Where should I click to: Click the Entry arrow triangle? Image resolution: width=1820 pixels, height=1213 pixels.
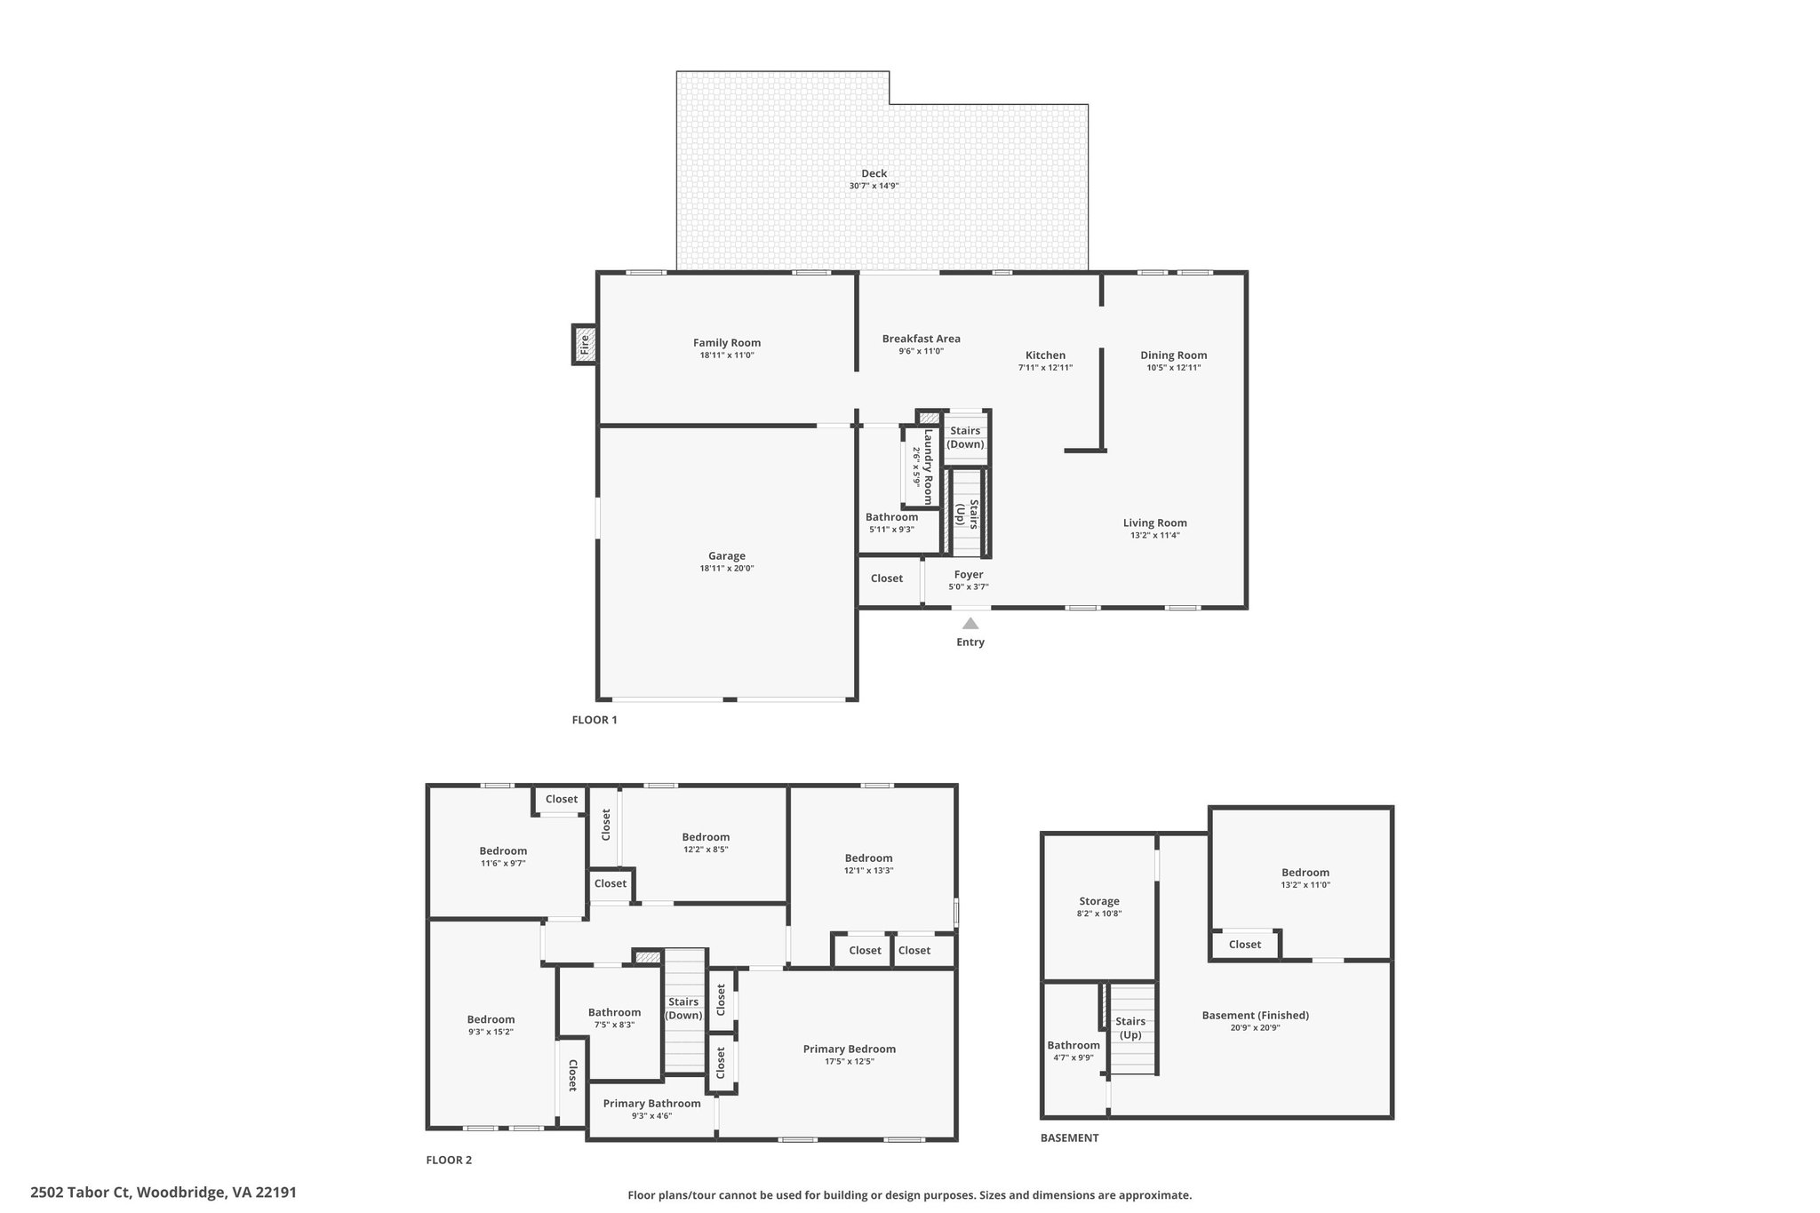(x=970, y=623)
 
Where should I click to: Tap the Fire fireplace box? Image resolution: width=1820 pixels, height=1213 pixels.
(x=584, y=344)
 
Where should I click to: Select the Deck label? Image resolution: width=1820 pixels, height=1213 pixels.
(x=874, y=173)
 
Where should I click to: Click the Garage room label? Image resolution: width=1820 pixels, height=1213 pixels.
(x=727, y=556)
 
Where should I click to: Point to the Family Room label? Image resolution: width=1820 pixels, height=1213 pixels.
(x=727, y=343)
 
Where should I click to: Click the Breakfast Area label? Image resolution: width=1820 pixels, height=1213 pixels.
(x=921, y=339)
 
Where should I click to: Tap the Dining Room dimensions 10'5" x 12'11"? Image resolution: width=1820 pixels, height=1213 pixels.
(x=1173, y=367)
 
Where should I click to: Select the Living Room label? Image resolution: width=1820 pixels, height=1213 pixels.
(x=1154, y=523)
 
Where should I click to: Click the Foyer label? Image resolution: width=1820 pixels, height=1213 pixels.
(x=969, y=574)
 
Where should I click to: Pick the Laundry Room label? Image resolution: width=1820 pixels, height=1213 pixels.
(x=928, y=467)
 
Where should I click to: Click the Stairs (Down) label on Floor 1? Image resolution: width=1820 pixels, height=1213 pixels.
(x=965, y=437)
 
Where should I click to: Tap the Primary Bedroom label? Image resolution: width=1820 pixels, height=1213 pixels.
(x=849, y=1049)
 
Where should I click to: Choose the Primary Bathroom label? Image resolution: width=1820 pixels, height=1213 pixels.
(x=651, y=1103)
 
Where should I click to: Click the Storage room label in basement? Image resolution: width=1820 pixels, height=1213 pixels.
(x=1098, y=901)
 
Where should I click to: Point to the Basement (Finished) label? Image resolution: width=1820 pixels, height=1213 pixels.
(x=1255, y=1015)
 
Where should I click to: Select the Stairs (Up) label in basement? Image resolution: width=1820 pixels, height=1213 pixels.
(x=1130, y=1028)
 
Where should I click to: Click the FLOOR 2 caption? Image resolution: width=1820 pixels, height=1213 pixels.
(x=449, y=1160)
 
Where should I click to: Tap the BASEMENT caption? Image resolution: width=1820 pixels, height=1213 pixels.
(x=1069, y=1137)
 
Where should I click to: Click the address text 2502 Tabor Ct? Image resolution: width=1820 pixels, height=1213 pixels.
(x=81, y=1192)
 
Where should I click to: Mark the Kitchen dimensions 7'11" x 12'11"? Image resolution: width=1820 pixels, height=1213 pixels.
(x=1045, y=367)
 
